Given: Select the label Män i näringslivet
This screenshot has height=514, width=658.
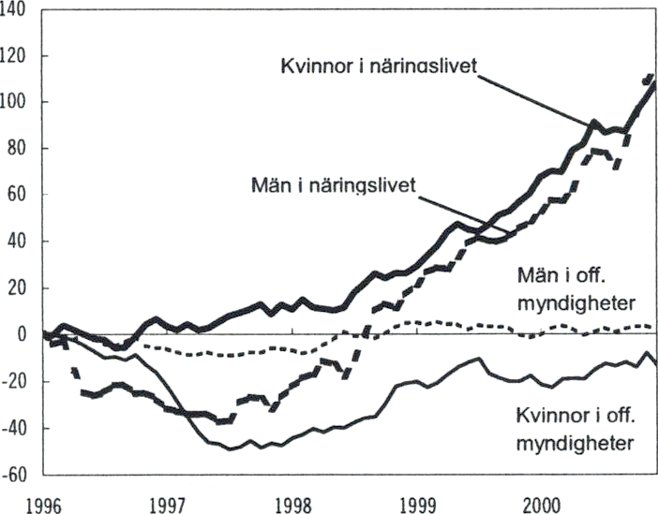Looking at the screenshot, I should point(334,184).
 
